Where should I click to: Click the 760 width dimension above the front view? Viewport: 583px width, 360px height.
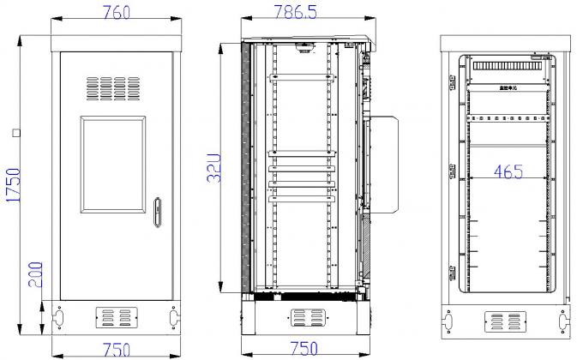coord(116,14)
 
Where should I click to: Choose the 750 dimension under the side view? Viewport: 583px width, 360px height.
coord(302,349)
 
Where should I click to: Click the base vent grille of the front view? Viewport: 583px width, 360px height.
coord(115,316)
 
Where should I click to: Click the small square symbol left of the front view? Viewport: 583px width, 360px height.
coord(15,132)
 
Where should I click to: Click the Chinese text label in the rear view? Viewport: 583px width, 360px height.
coord(508,87)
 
